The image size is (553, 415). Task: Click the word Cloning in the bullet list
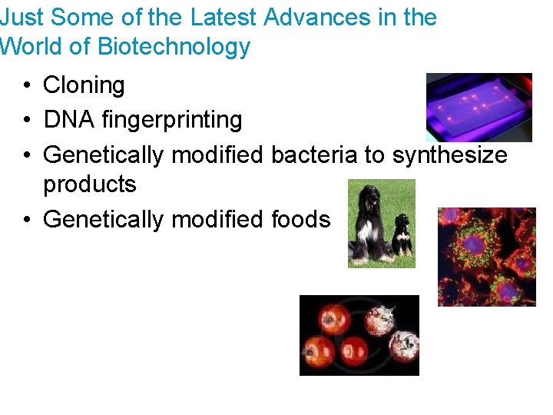[x=84, y=85]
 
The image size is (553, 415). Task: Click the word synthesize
[x=449, y=154]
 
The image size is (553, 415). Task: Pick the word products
[x=89, y=184]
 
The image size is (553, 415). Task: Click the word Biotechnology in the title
[x=174, y=47]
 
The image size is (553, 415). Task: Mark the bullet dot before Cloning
[x=28, y=86]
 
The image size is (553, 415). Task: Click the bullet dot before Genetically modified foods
[x=28, y=220]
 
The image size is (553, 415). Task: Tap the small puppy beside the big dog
[x=402, y=234]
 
